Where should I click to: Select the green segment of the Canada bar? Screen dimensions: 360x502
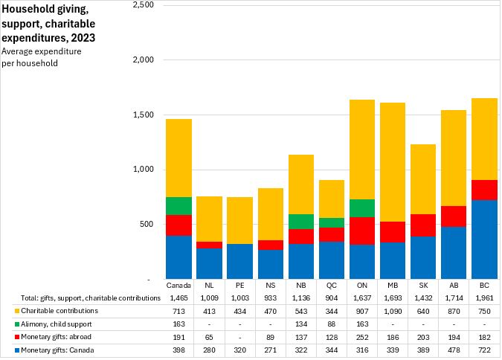tap(178, 206)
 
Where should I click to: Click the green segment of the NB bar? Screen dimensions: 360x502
tap(301, 222)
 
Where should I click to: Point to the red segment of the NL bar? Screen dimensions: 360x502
tap(209, 245)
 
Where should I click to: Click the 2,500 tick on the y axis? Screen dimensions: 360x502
tap(142, 5)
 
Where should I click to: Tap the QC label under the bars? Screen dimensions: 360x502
tap(332, 285)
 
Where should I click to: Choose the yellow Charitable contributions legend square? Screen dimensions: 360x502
tap(7, 311)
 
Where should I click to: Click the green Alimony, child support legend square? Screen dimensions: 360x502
tap(7, 324)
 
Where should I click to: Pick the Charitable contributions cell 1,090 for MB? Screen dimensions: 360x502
tap(393, 310)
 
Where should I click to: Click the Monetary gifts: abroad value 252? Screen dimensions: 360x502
tap(362, 337)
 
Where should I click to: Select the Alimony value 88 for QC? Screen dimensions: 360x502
tap(332, 324)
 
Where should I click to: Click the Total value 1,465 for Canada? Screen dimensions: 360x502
tap(178, 298)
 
